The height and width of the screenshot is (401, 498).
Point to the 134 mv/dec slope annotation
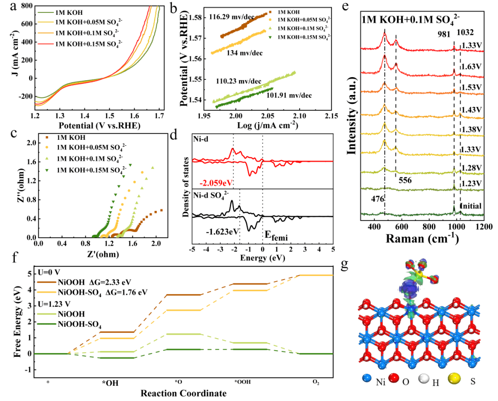(244, 53)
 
